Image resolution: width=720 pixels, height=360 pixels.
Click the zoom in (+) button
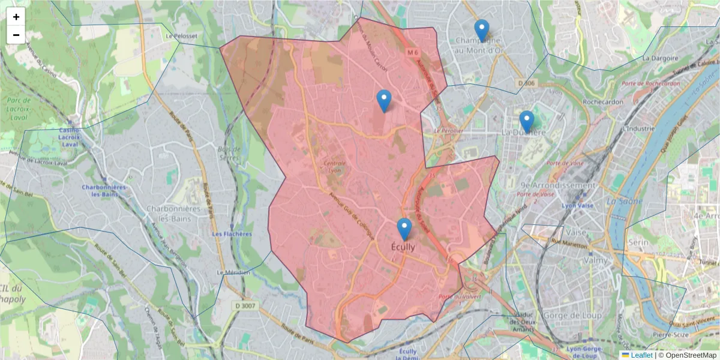16,17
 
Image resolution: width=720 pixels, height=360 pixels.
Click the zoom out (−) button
16,35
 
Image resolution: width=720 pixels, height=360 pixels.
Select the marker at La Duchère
526,122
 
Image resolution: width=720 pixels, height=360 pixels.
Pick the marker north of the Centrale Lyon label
383,101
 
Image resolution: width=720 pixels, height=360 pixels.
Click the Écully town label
403,247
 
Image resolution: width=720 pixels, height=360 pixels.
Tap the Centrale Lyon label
335,166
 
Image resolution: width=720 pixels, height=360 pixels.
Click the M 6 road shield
412,53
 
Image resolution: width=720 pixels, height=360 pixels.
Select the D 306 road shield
526,83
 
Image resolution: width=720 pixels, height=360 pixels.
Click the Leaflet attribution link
641,355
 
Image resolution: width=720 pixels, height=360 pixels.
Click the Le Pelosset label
181,36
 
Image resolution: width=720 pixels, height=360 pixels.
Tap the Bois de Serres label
229,153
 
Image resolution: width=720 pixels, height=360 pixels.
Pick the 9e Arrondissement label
558,185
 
